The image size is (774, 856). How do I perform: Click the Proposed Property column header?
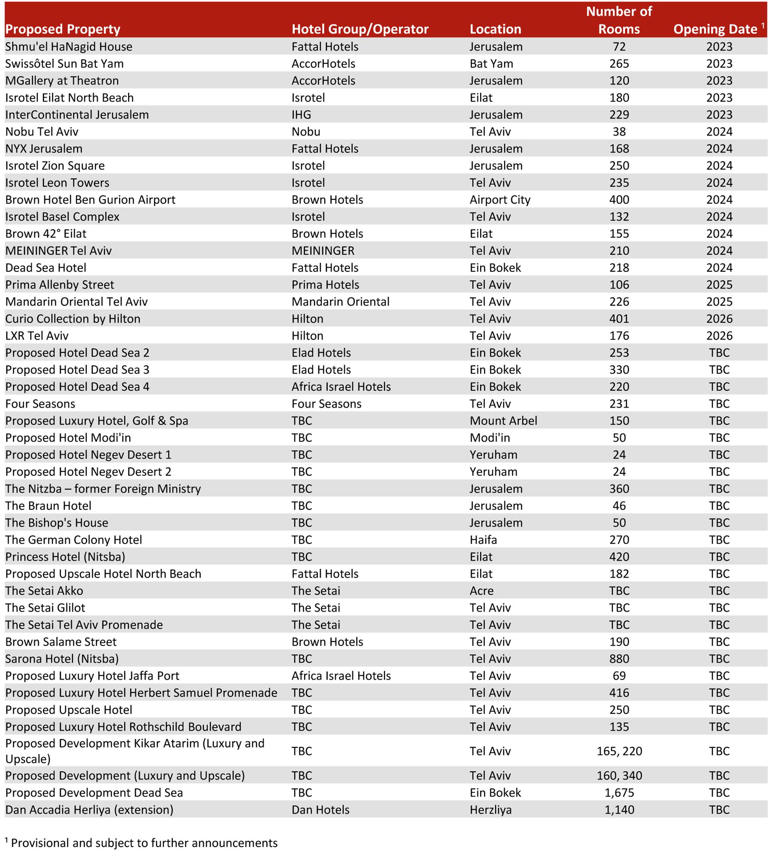tap(63, 29)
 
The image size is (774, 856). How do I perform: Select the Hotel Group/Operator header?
tap(360, 29)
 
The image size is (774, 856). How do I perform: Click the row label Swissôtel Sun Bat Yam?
tap(64, 64)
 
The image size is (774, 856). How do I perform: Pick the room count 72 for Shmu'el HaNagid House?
tap(619, 47)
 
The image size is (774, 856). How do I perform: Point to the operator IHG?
tap(301, 115)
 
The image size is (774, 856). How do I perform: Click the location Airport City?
tap(500, 200)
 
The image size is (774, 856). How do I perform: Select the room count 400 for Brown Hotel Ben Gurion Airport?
tap(619, 200)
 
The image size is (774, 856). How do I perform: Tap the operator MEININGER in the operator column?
tap(323, 251)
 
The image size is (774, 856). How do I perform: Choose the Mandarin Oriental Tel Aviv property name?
tap(76, 302)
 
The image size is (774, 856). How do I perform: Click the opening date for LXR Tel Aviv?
tap(719, 336)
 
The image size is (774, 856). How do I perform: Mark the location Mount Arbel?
tap(503, 421)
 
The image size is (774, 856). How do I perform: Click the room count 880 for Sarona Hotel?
tap(619, 659)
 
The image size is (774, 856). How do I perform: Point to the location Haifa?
tap(483, 540)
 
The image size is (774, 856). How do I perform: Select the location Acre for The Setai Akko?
tap(481, 591)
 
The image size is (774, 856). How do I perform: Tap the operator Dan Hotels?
tap(320, 810)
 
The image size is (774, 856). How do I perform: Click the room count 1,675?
tap(619, 793)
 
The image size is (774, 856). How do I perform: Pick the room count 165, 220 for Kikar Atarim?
tap(619, 751)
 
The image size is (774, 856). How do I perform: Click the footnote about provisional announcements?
tap(141, 843)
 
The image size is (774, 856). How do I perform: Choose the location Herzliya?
tap(490, 810)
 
